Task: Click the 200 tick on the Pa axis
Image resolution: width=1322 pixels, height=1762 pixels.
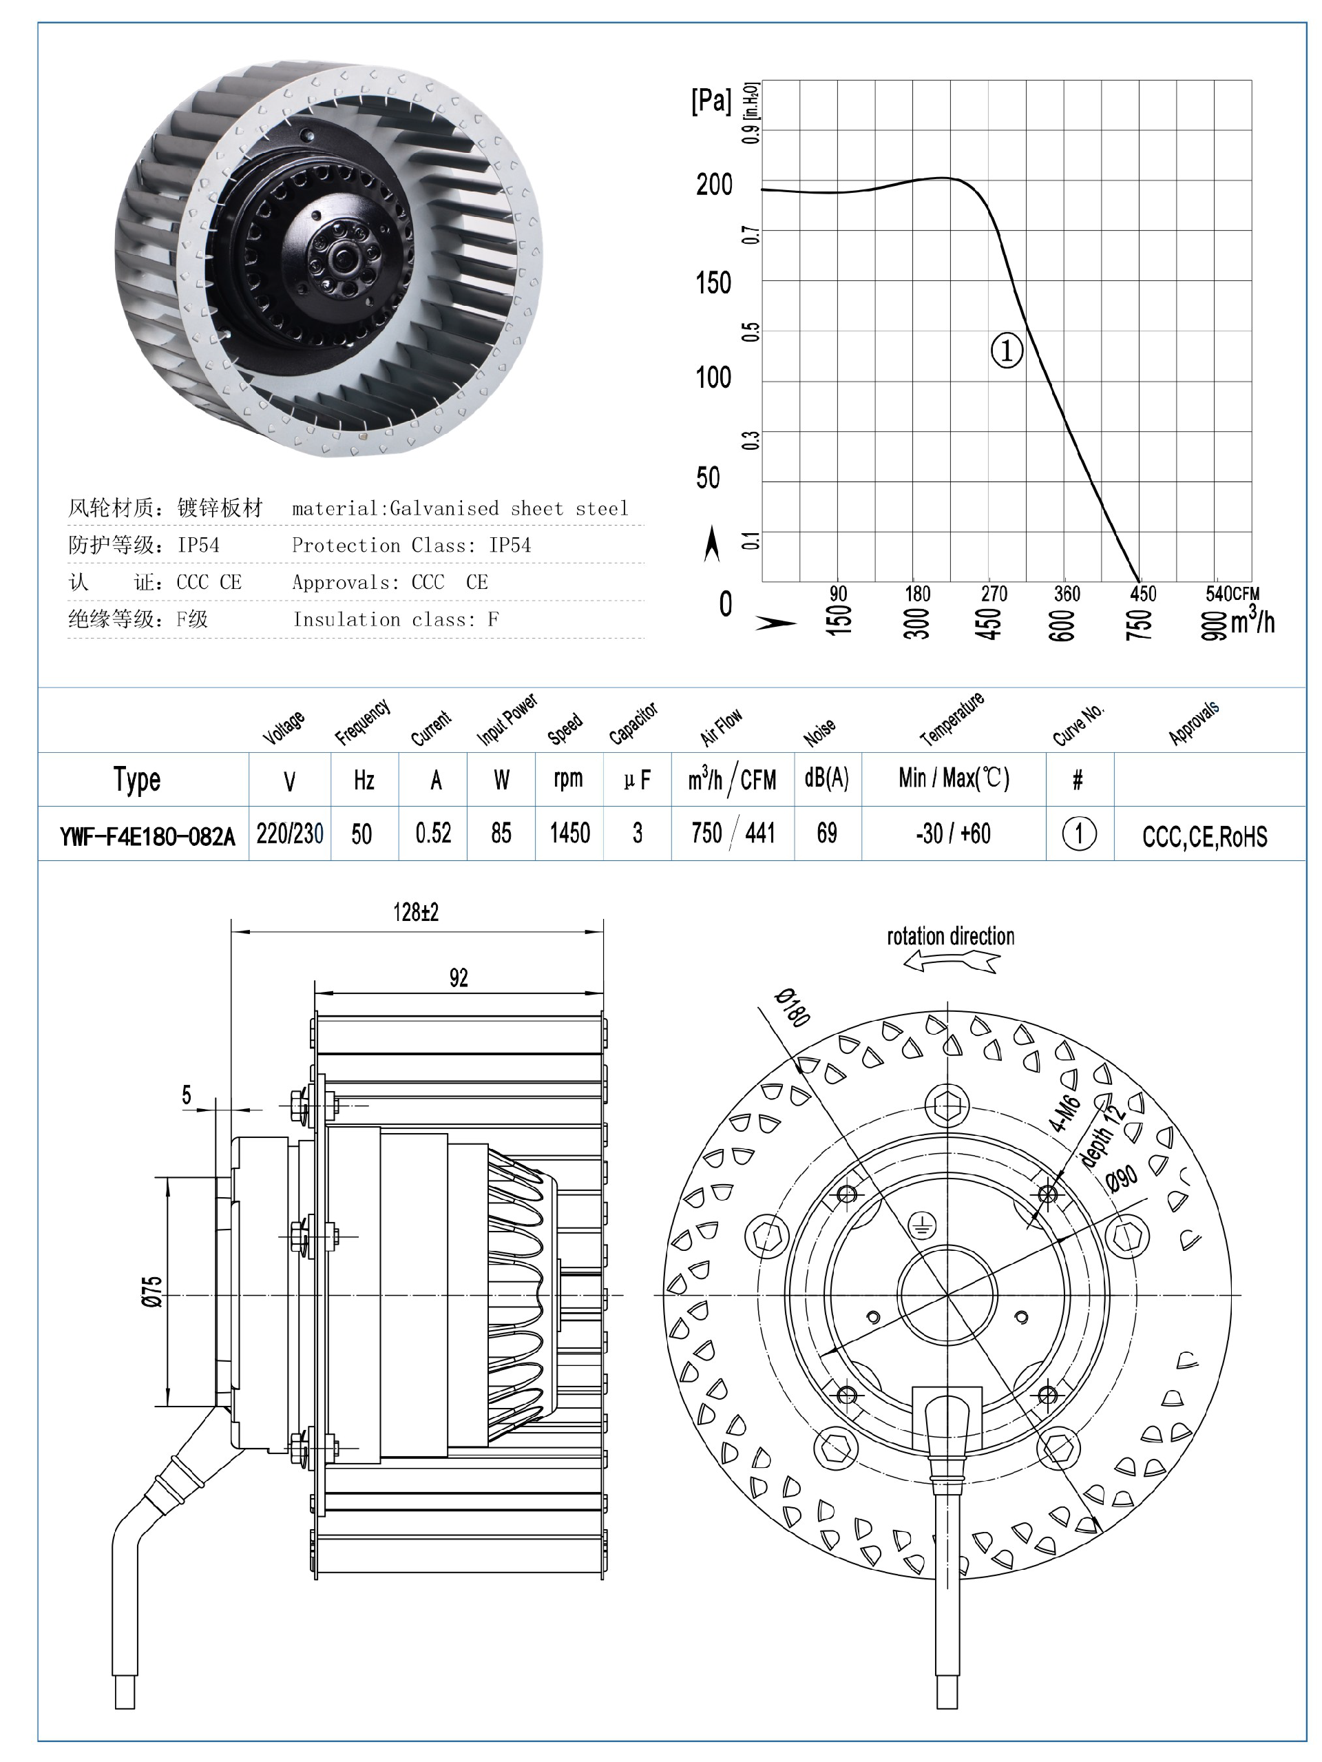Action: [x=713, y=185]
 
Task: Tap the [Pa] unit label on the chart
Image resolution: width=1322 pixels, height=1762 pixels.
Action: [x=711, y=101]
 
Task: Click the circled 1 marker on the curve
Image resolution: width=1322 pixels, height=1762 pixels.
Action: [x=1006, y=351]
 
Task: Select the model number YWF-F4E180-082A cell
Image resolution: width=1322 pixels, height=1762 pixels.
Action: [x=147, y=836]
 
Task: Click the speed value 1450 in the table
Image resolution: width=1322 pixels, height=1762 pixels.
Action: [x=569, y=834]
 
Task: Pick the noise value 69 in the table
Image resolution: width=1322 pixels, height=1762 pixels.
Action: [x=827, y=834]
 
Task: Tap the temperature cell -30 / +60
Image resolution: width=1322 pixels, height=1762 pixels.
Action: [x=952, y=834]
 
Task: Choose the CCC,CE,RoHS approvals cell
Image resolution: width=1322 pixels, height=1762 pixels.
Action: [x=1204, y=836]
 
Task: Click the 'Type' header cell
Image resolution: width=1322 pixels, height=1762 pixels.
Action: [x=137, y=780]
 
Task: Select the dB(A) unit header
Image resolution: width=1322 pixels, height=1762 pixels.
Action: [x=827, y=778]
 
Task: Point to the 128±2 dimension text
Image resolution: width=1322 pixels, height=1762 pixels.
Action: [x=416, y=912]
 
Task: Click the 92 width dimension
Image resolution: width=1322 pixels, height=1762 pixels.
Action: [x=459, y=978]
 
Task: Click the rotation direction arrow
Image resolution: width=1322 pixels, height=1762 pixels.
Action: [x=951, y=963]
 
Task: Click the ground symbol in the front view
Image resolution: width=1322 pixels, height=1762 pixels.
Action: [x=921, y=1226]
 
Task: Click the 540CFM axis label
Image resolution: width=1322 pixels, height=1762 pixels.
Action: [x=1232, y=594]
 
